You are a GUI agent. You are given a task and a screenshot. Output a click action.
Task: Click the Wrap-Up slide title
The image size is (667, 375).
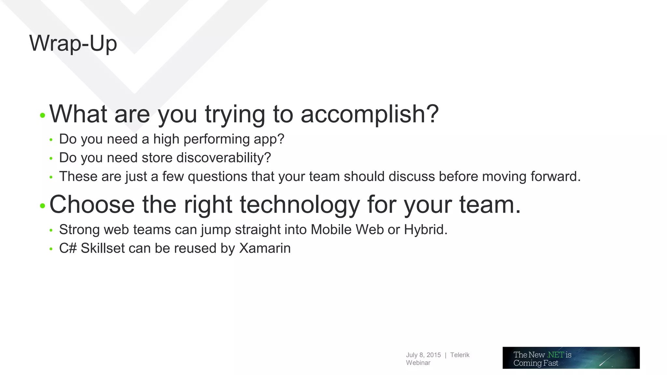pos(73,43)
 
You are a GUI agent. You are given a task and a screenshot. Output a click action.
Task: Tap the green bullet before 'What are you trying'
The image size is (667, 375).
pos(42,115)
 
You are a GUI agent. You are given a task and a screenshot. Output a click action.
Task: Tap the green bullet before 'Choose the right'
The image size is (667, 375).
pos(42,206)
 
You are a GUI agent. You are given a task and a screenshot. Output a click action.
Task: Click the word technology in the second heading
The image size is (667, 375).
pos(300,205)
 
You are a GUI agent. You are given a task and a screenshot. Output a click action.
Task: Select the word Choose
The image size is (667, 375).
pos(92,205)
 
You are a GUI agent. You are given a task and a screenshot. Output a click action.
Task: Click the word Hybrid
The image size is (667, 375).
pos(425,229)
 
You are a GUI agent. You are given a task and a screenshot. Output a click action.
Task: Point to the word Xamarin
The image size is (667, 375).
pos(265,248)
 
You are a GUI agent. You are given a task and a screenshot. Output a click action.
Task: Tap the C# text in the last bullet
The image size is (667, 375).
pos(68,248)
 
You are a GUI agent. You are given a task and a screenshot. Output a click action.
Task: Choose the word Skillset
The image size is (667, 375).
pos(103,248)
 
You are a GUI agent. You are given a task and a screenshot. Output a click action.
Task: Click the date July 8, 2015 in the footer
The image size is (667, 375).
pos(423,355)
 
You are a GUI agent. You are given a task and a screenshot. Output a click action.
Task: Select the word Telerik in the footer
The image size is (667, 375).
pos(460,355)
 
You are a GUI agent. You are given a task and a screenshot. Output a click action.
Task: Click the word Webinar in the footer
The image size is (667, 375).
pos(418,363)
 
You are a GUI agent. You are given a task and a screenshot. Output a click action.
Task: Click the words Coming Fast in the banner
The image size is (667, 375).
pos(536,363)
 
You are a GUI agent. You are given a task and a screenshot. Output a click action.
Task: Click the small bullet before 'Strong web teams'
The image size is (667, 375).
pos(51,230)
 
